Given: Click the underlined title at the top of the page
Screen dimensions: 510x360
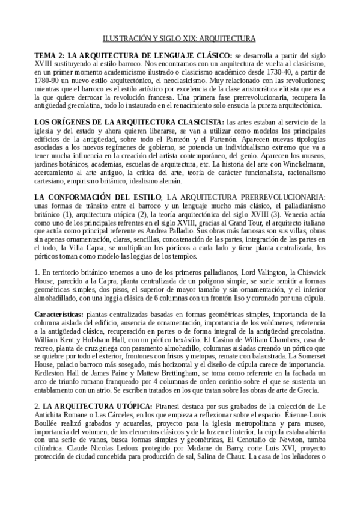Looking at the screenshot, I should click(180, 38).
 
